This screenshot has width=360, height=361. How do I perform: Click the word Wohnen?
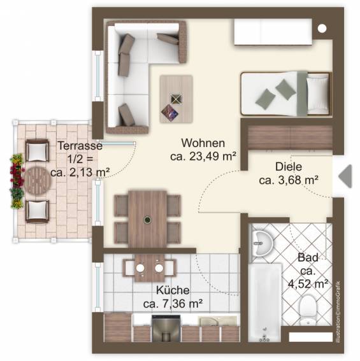203,143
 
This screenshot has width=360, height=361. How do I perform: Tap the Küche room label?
173,290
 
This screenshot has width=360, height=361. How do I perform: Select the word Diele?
289,166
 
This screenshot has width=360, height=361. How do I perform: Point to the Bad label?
308,257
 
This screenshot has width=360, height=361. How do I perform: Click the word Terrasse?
80,146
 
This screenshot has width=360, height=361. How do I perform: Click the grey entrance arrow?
345,176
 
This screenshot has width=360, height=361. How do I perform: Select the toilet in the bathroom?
308,309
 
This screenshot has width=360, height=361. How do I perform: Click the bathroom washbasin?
263,244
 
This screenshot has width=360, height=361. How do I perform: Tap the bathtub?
265,302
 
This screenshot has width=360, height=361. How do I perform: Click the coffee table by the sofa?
176,99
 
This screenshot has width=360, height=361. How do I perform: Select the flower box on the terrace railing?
17,181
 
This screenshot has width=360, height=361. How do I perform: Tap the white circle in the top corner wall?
322,28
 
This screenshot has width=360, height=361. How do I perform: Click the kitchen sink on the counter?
218,321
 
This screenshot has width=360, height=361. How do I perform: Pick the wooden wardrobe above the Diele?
290,138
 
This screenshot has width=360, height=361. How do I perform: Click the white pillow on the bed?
317,94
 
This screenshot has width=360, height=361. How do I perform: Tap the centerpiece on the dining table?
147,220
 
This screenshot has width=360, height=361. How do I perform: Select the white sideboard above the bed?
273,32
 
